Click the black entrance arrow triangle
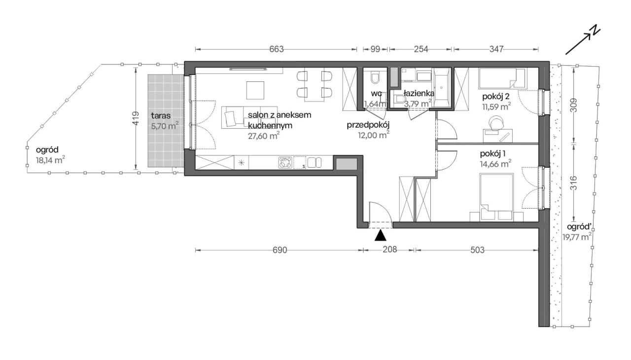380,235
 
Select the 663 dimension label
277,49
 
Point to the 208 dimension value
390,250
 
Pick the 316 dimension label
573,183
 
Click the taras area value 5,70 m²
165,126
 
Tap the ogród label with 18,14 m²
47,149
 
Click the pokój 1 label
493,154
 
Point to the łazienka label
419,93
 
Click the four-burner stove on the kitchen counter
285,163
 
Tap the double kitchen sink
315,163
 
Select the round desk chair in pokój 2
496,123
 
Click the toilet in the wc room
375,78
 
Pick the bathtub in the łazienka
441,87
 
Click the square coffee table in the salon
255,90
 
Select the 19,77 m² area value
577,237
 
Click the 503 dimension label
477,250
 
